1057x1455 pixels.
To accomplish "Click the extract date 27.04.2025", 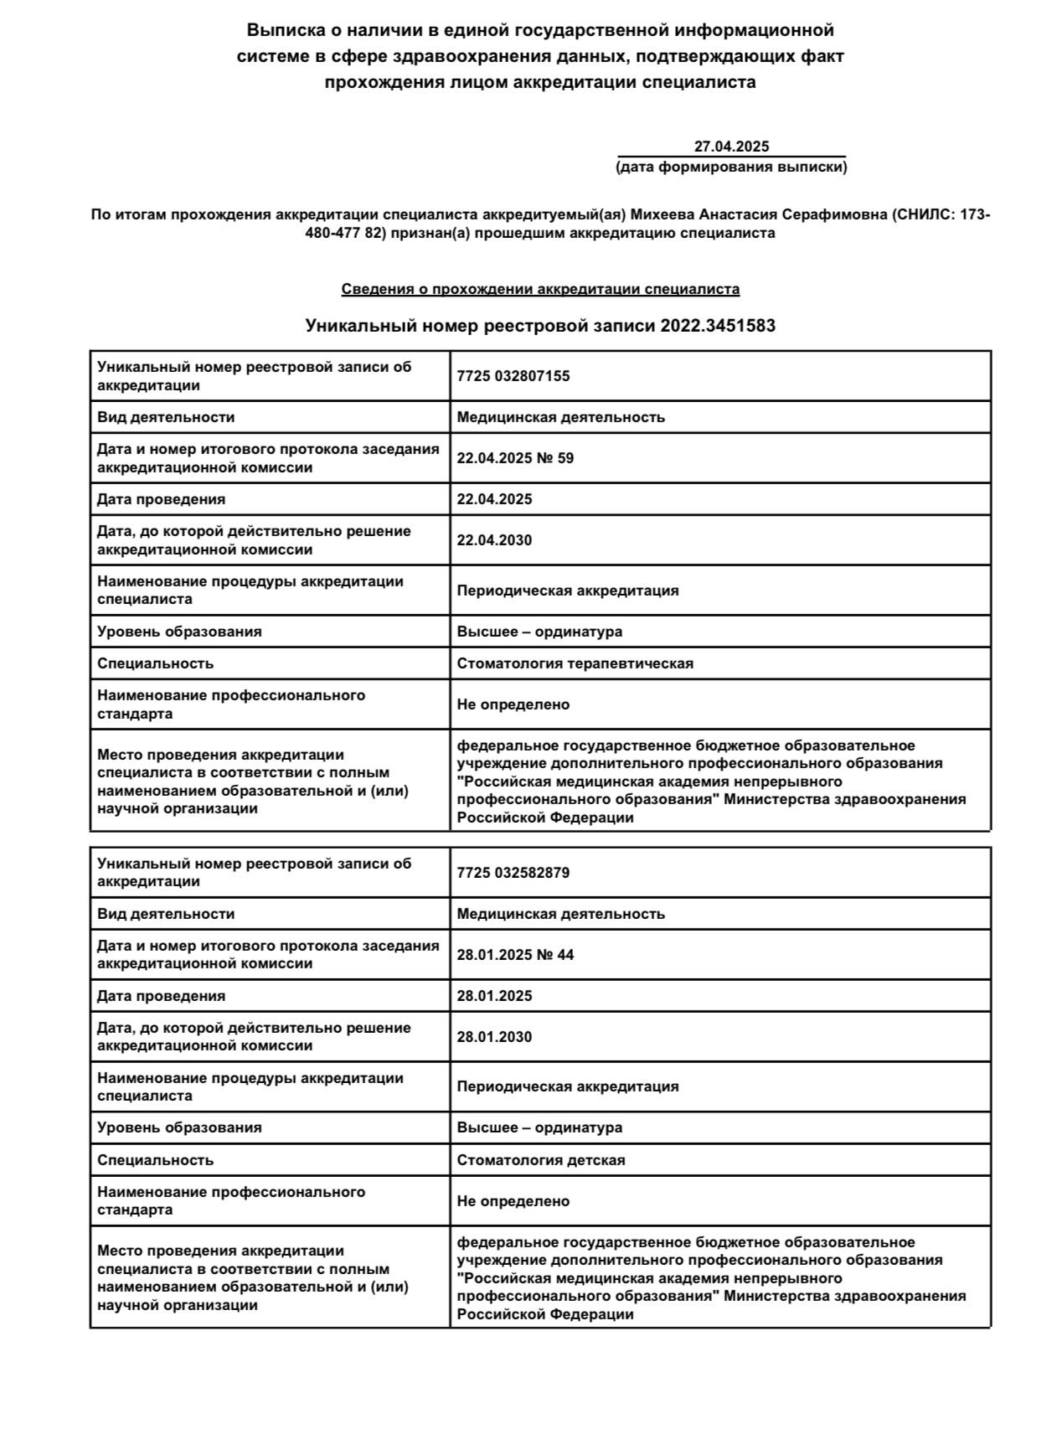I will point(731,147).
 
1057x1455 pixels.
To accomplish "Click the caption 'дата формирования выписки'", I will point(731,167).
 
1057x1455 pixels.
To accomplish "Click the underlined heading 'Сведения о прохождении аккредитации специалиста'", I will point(540,289).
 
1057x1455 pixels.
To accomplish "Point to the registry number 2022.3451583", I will point(718,326).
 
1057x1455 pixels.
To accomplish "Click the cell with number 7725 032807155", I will point(513,376).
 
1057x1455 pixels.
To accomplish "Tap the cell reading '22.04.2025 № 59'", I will point(515,458).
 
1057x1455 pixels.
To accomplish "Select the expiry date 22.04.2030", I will point(494,540).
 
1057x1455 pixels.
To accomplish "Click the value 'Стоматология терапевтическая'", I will point(575,663).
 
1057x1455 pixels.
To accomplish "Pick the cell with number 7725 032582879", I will point(513,873).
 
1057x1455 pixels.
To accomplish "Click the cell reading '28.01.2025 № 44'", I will point(515,955).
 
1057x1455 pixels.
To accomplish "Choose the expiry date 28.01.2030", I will point(494,1037).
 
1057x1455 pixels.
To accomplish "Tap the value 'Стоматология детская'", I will point(541,1160).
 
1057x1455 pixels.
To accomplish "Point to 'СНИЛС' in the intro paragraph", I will point(921,214).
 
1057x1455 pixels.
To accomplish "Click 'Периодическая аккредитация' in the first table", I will point(568,591).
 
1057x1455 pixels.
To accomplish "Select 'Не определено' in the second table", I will point(513,1201).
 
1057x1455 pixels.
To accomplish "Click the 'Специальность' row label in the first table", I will point(156,663).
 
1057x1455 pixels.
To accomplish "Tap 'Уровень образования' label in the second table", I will point(179,1127).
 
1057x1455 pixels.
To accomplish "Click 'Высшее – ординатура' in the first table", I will point(539,632).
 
